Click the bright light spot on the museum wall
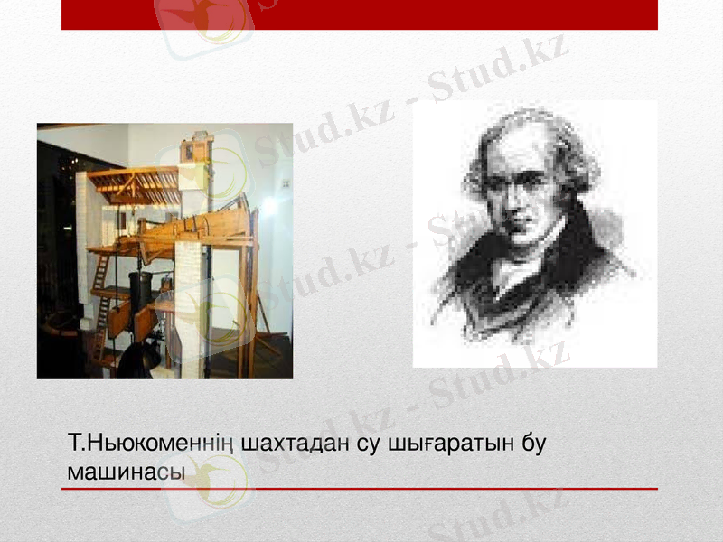270,205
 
